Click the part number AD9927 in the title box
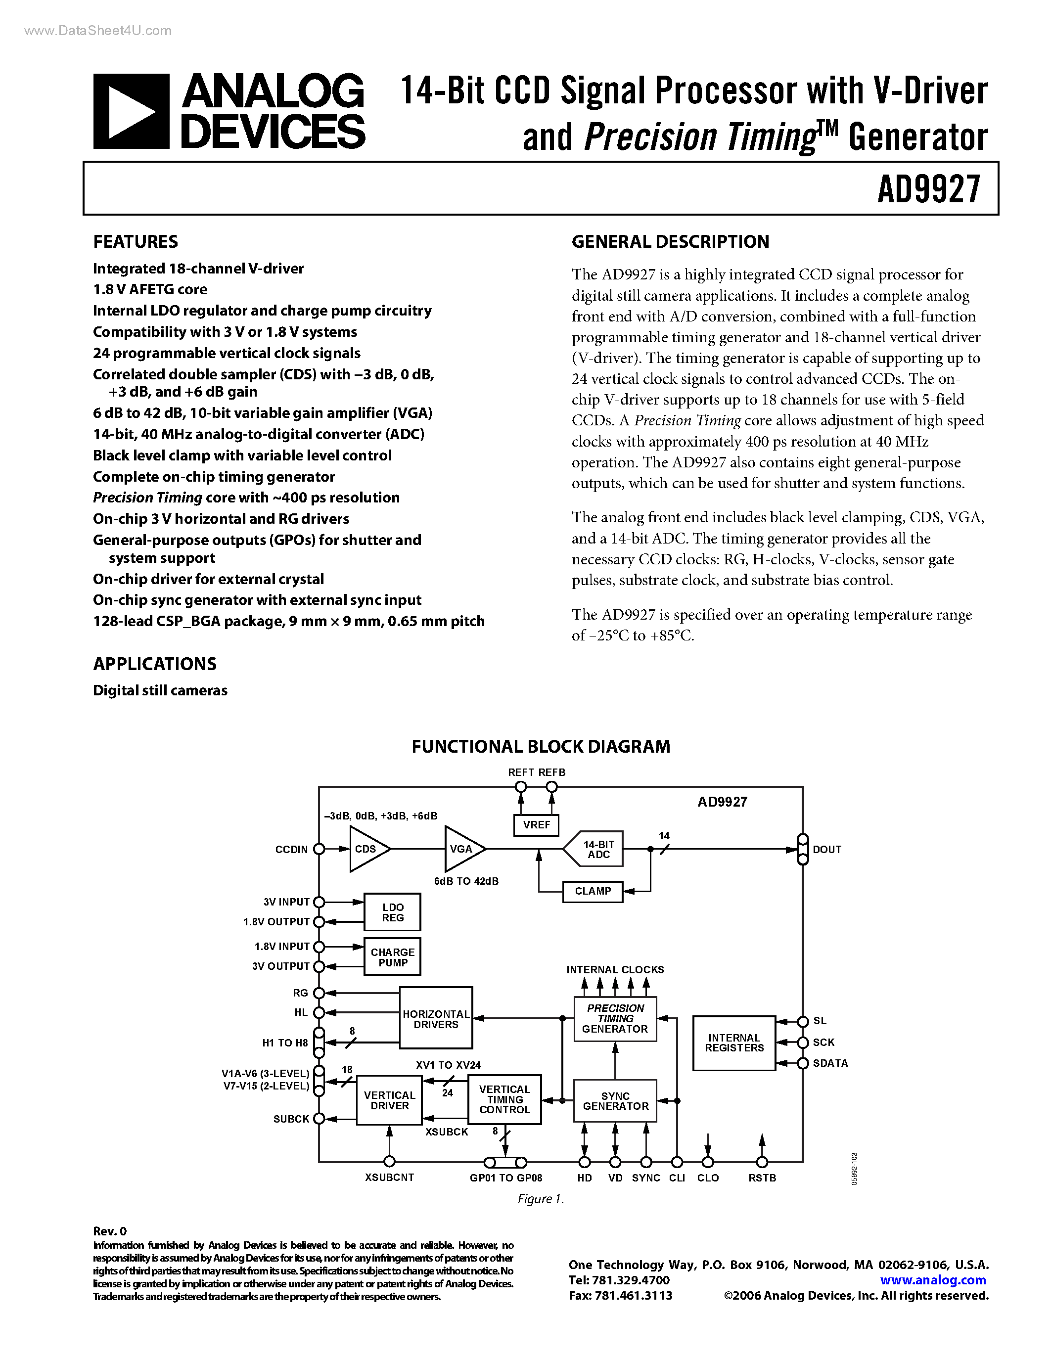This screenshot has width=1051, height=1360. [928, 189]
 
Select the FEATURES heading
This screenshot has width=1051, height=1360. [135, 242]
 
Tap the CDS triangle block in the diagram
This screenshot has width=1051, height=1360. [366, 849]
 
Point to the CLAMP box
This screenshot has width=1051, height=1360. [593, 891]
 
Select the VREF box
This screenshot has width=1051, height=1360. [536, 824]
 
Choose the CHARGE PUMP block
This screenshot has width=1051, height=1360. [392, 957]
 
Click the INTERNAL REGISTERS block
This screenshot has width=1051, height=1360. [734, 1043]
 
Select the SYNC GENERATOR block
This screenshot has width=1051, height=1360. [615, 1101]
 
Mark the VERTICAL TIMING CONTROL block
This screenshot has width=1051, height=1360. [504, 1099]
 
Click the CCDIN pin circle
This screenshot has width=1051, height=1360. [319, 849]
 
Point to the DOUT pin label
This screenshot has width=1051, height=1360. [826, 849]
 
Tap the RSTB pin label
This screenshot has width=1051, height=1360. [762, 1178]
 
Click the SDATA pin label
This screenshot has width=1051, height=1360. [830, 1063]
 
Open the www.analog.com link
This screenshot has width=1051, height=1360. [933, 1280]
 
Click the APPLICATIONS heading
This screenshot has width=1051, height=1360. [154, 664]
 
